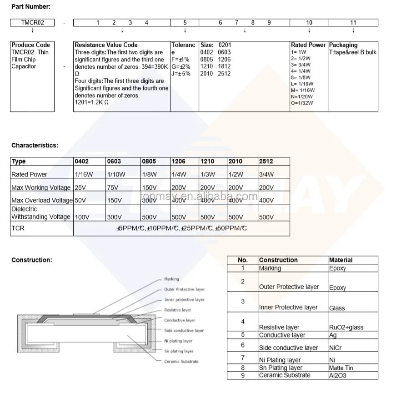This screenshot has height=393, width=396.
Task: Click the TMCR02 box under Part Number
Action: click(x=32, y=23)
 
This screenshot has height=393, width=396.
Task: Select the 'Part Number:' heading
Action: click(x=31, y=7)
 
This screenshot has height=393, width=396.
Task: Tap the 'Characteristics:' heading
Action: click(x=35, y=146)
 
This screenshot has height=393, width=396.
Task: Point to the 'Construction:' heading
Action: click(x=31, y=260)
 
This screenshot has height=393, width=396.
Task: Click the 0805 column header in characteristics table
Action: click(x=149, y=161)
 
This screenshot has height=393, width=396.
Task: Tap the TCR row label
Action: click(x=18, y=228)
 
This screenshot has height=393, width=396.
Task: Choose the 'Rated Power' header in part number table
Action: click(x=308, y=45)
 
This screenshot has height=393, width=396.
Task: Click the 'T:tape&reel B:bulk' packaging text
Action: click(x=353, y=52)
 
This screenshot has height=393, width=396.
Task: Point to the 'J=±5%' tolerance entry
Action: click(x=181, y=74)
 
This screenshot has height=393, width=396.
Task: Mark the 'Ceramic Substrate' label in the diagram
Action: click(x=181, y=362)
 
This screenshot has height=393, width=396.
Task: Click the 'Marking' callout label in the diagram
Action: click(x=171, y=279)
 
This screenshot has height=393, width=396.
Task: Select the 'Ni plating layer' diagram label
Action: click(x=178, y=341)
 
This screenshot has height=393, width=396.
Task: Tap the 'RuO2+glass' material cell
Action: click(x=346, y=327)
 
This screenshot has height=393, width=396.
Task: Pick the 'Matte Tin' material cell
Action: click(x=341, y=368)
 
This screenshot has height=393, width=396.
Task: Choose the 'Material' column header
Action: click(x=341, y=260)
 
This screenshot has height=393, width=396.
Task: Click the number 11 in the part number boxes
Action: click(x=353, y=23)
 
